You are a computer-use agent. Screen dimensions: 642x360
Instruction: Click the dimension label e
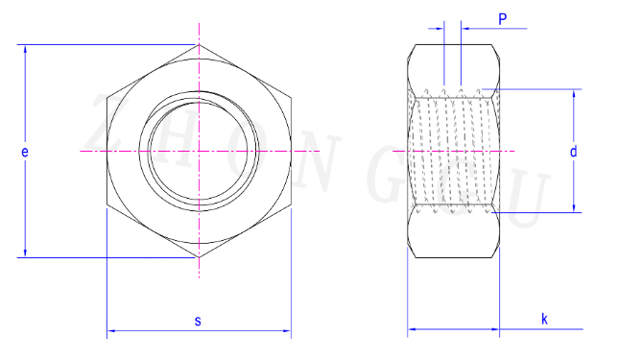point(25,153)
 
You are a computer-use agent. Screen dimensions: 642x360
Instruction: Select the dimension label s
point(198,321)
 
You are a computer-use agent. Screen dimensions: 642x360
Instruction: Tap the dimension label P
point(503,19)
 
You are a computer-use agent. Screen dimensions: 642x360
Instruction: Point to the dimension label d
point(573,152)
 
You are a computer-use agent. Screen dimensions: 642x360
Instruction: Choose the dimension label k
point(544,319)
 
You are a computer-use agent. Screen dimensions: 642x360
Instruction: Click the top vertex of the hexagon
point(199,44)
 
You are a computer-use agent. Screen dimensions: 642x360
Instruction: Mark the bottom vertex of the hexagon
point(199,257)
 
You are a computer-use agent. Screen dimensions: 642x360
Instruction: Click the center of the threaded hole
point(199,151)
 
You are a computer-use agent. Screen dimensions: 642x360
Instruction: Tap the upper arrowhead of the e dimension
point(25,49)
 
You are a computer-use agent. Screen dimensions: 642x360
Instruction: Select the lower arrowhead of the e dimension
point(25,252)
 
